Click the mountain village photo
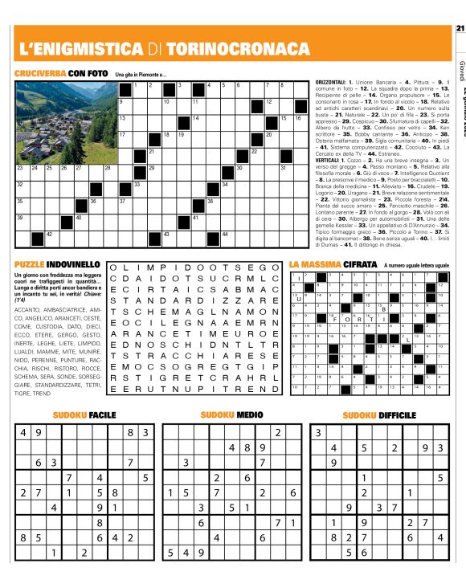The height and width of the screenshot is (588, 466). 65,120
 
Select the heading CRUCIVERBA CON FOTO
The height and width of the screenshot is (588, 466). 60,74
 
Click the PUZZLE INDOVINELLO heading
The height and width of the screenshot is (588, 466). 56,263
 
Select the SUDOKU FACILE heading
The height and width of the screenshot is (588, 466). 84,415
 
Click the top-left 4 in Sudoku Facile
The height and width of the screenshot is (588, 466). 23,433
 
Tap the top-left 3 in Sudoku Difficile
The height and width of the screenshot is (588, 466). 318,433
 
